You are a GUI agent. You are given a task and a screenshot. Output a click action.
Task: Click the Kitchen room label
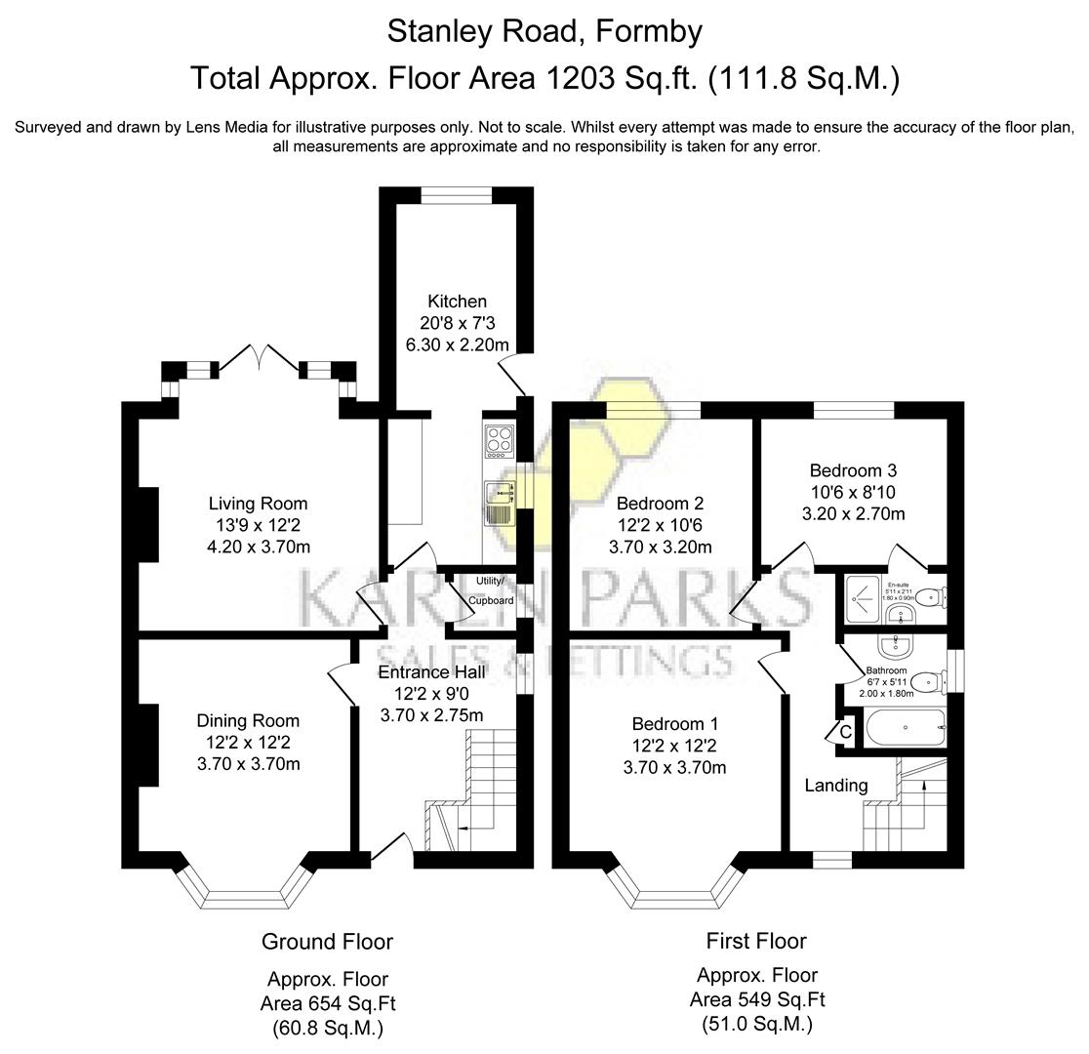457,302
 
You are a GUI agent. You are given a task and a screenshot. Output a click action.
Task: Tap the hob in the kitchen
499,441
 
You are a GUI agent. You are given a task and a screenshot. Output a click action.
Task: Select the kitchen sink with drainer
500,503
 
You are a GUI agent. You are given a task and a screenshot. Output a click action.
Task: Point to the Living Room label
258,504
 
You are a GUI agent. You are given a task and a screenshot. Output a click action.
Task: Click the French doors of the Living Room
259,359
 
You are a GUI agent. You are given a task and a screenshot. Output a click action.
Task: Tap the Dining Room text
248,720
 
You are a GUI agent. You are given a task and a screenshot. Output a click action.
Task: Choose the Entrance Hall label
431,672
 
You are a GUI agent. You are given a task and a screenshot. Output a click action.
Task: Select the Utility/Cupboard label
490,590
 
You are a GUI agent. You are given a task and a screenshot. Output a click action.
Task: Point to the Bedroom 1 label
674,724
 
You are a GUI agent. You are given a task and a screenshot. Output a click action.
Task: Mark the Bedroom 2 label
660,504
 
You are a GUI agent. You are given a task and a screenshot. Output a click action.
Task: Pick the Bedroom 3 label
853,470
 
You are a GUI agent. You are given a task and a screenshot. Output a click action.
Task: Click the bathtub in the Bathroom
905,727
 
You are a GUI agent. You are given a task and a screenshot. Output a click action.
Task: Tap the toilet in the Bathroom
932,680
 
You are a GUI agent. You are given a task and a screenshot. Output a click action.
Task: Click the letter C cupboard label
845,731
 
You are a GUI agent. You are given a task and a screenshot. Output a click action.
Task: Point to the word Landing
835,785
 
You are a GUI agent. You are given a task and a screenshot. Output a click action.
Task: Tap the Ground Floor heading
327,942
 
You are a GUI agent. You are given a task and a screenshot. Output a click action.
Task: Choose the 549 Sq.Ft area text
757,999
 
